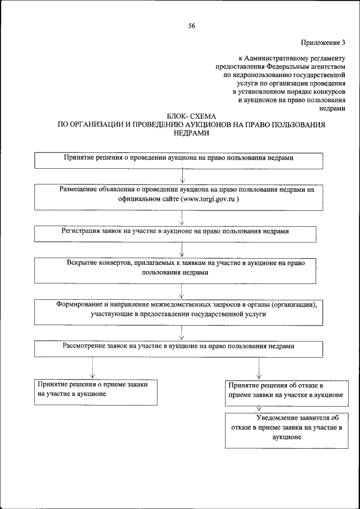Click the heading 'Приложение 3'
[x=323, y=42]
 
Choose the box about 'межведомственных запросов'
[x=179, y=312]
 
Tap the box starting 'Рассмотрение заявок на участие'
[x=179, y=348]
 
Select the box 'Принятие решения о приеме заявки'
[x=94, y=391]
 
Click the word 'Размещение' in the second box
[x=82, y=190]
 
